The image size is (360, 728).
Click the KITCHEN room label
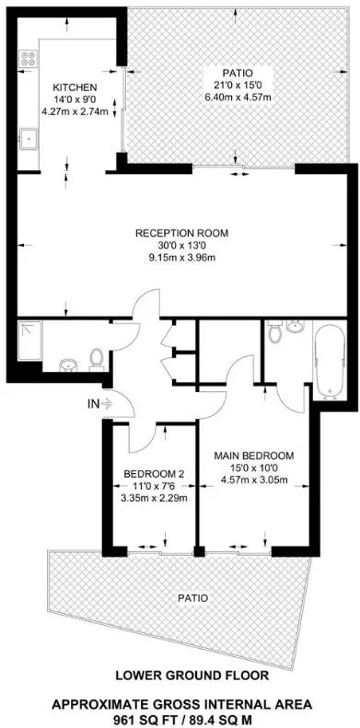point(75,87)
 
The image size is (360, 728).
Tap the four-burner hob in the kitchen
point(28,60)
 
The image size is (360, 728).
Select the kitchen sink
point(28,138)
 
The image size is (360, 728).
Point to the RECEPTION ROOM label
point(181,234)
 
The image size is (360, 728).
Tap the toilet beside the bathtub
point(275,331)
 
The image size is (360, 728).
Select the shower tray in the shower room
point(30,341)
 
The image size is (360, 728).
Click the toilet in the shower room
point(96,360)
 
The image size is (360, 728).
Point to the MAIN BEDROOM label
point(253,456)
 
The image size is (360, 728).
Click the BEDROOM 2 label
point(154,475)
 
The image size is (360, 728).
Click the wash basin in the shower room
point(68,365)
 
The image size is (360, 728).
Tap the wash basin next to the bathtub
point(294,328)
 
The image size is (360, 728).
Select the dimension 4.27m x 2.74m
point(75,111)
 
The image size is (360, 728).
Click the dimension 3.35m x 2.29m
point(154,499)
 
